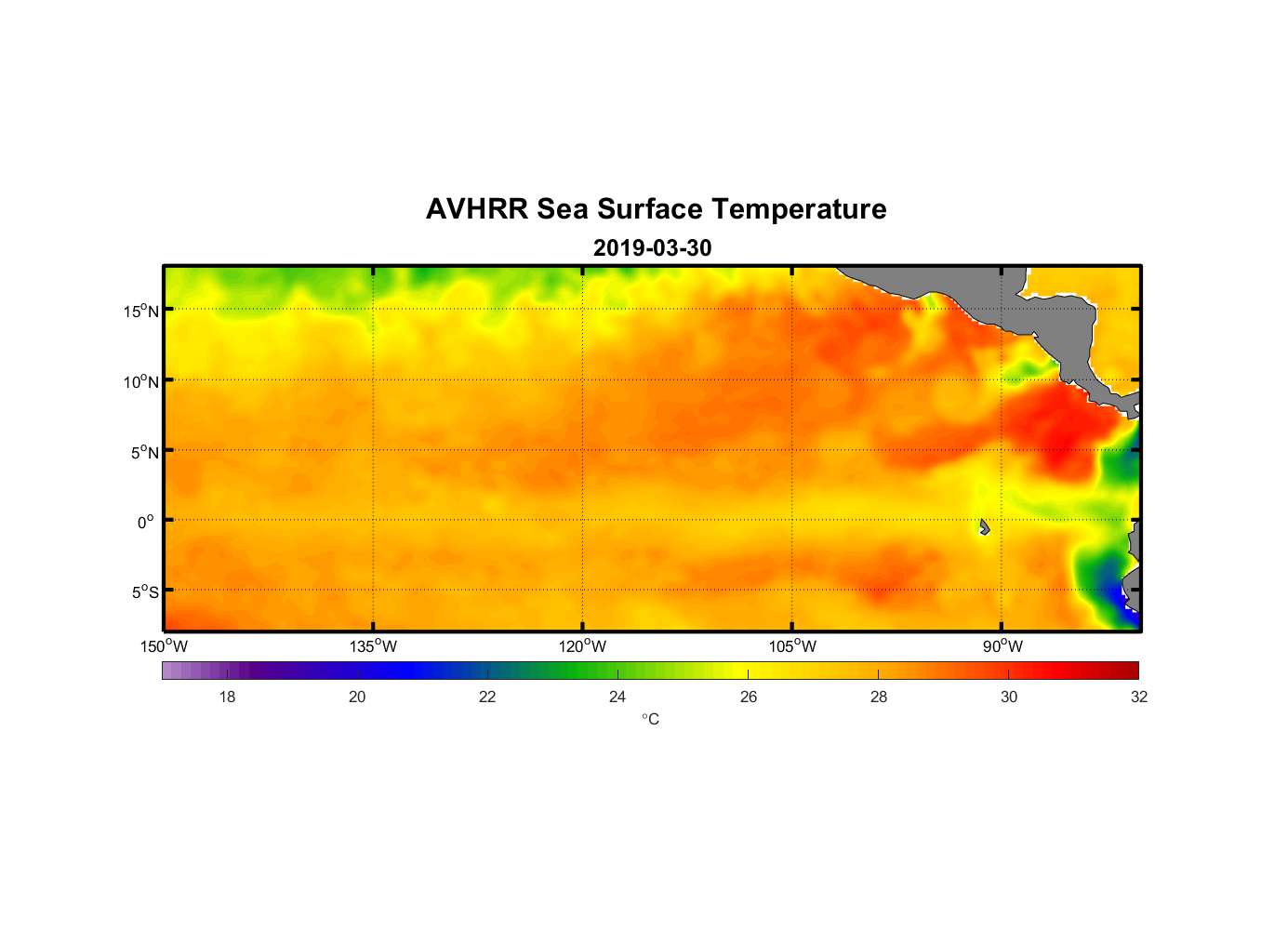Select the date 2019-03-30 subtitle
coord(652,248)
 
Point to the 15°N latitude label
coord(141,311)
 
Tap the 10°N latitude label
coord(141,381)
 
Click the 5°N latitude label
coord(145,452)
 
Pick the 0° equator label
coord(146,522)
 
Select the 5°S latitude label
coord(145,592)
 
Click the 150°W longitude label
coord(164,646)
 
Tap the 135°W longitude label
coord(373,646)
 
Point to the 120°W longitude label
coord(582,646)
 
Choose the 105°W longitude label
coord(792,646)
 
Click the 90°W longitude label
coord(1002,646)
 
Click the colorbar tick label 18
coord(227,697)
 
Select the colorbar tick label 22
coord(487,697)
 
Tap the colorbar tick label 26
coord(749,697)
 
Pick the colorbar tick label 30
coord(1009,697)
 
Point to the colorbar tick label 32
coord(1139,697)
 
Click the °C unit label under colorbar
coord(650,719)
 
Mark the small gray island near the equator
coord(984,527)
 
